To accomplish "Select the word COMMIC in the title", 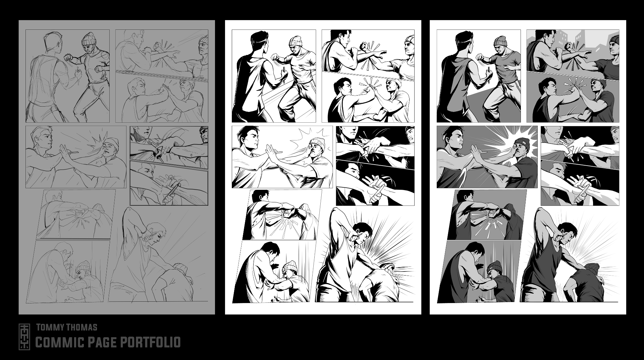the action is tap(57, 342).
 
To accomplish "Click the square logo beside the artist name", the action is tap(24, 337).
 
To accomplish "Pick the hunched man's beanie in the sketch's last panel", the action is tap(180, 268).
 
